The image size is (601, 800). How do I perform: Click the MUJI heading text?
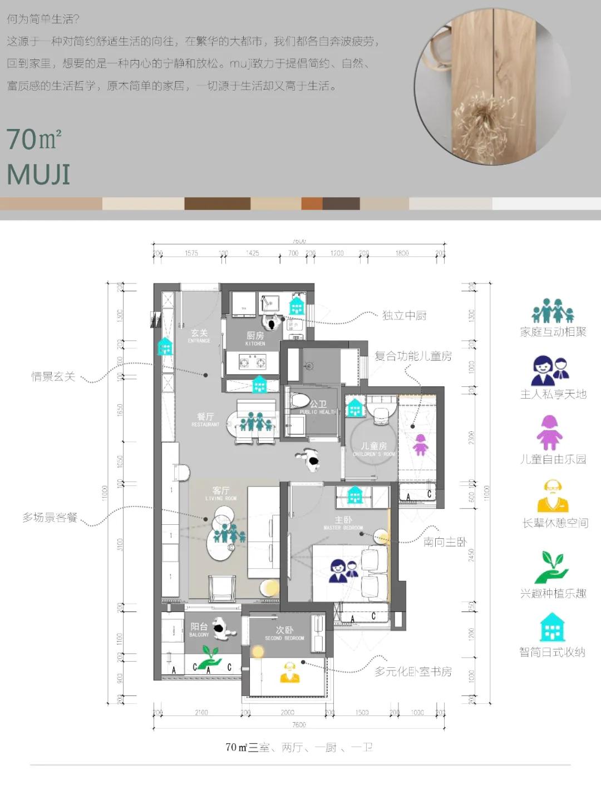point(38,175)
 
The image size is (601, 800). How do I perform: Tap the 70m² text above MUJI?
point(34,140)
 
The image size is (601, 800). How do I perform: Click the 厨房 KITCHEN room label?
point(255,338)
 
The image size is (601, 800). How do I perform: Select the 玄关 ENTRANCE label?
point(199,336)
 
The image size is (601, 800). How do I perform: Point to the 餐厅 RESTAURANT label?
point(205,419)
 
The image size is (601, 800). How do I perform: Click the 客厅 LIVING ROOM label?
point(221,493)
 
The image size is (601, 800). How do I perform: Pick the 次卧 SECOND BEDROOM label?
point(284,633)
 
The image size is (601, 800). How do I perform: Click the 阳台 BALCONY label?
point(199,629)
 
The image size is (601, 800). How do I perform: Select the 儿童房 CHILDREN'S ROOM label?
point(373,449)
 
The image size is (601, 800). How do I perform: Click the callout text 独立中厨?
point(404,316)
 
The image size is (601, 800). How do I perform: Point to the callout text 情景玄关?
point(53,377)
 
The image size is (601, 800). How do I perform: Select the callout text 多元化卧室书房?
point(413,672)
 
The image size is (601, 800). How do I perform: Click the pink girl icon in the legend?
point(549,433)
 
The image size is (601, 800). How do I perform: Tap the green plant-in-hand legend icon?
point(551,567)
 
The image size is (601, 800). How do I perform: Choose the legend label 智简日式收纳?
point(552,652)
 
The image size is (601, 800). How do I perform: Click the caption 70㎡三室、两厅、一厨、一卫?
point(299,747)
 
